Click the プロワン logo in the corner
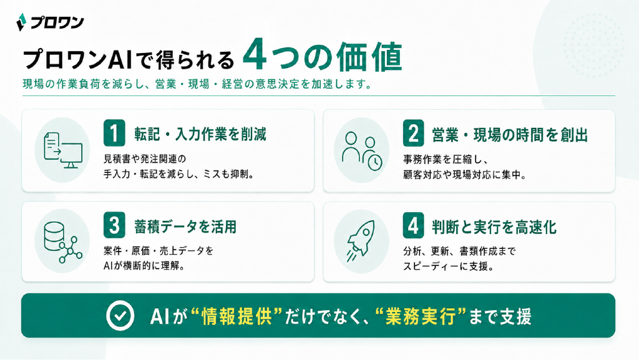[50, 22]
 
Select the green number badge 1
[114, 133]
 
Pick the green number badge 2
[413, 133]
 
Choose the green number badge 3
[114, 225]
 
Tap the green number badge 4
[413, 225]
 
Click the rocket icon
[361, 241]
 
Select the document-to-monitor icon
[63, 150]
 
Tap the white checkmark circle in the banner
[120, 316]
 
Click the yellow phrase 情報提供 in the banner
[237, 316]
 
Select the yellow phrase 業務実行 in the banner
[421, 316]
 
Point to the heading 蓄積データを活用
[185, 227]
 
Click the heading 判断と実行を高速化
[494, 227]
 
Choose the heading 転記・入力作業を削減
[200, 134]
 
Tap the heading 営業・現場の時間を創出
[510, 135]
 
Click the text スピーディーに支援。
[449, 266]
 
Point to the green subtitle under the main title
[197, 84]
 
